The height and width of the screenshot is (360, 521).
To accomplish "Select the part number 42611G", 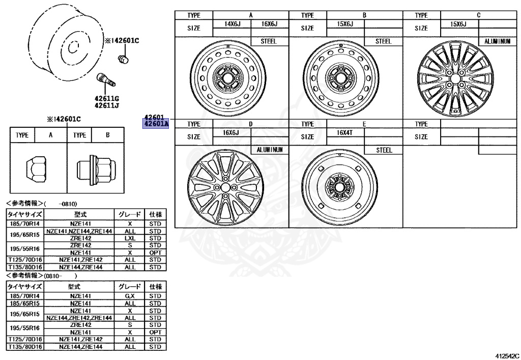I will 106,98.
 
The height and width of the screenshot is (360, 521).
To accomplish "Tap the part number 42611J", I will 106,106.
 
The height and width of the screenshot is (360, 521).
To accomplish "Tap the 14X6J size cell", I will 231,24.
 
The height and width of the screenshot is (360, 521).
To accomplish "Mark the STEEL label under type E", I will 383,150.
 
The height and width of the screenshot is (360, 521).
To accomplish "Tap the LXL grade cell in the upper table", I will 130,238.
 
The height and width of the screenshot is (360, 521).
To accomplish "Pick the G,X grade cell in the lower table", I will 130,296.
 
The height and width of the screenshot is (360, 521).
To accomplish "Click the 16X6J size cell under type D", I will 231,132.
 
